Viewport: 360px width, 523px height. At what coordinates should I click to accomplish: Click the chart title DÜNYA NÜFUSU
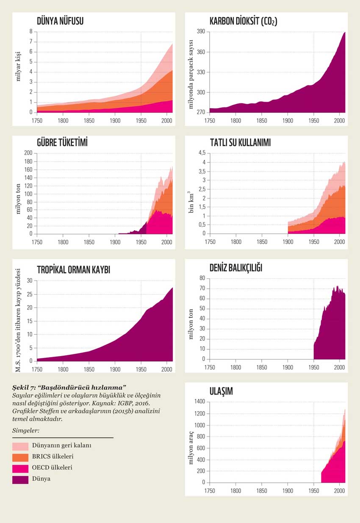pyautogui.click(x=60, y=21)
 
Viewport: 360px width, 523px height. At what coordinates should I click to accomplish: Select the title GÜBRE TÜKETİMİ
pyautogui.click(x=62, y=143)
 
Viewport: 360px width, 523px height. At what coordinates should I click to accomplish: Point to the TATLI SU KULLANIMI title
pyautogui.click(x=240, y=143)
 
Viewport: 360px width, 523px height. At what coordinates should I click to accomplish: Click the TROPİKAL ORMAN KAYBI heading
pyautogui.click(x=73, y=270)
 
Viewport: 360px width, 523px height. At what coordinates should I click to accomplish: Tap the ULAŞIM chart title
pyautogui.click(x=221, y=392)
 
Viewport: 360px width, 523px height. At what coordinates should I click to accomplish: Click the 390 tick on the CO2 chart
pyautogui.click(x=202, y=32)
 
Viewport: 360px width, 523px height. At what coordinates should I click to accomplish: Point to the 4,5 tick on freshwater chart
pyautogui.click(x=201, y=153)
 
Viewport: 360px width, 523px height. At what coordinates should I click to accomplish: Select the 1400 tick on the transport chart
pyautogui.click(x=199, y=402)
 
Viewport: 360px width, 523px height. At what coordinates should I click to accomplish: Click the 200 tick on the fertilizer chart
pyautogui.click(x=28, y=153)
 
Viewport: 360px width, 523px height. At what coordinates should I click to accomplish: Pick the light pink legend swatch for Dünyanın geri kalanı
pyautogui.click(x=20, y=446)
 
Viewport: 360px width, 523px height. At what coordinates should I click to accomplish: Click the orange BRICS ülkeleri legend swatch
pyautogui.click(x=20, y=457)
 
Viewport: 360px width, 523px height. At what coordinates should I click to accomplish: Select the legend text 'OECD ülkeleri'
pyautogui.click(x=52, y=468)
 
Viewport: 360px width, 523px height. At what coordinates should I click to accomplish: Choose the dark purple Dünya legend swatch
pyautogui.click(x=20, y=479)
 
